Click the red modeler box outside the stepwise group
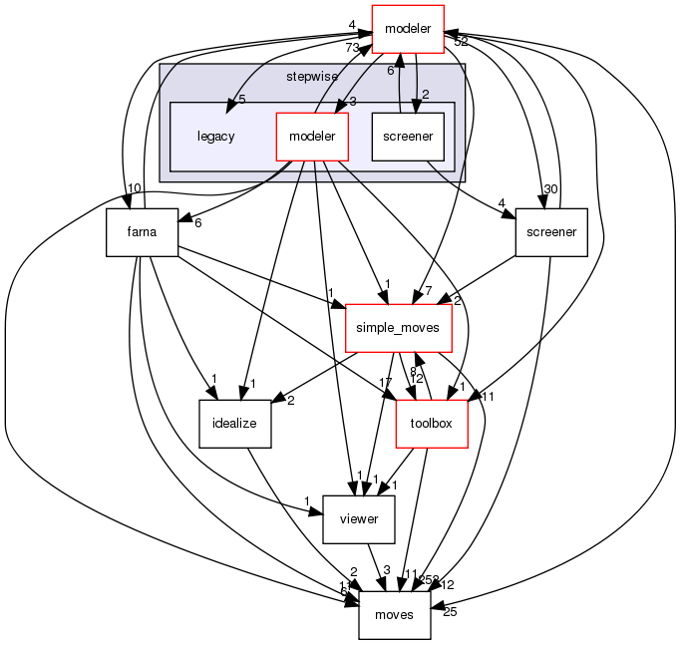click(408, 29)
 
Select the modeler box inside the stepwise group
click(312, 136)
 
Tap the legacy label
click(215, 136)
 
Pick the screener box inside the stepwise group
click(407, 136)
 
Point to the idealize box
click(235, 423)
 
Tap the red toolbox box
click(433, 423)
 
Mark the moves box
click(394, 614)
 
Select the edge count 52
click(461, 42)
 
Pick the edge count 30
click(548, 189)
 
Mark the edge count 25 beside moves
click(449, 611)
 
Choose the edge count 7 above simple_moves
click(427, 289)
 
